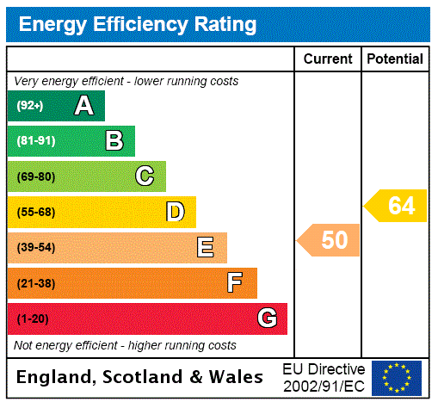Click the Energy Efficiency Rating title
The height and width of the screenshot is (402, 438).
click(x=138, y=24)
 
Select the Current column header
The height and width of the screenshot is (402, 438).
click(x=328, y=59)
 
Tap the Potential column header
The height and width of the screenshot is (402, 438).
click(x=395, y=59)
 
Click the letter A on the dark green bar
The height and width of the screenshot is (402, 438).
click(x=83, y=106)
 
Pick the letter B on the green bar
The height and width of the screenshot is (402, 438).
click(x=114, y=141)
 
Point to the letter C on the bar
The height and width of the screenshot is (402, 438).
click(x=145, y=176)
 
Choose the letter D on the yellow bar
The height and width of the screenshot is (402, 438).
click(x=175, y=212)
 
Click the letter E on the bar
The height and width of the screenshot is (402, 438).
click(x=205, y=248)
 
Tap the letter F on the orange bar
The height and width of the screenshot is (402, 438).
click(x=235, y=282)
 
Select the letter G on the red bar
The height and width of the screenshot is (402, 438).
click(x=267, y=319)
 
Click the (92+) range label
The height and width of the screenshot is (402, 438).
click(x=29, y=107)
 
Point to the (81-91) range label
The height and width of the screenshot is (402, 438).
click(x=35, y=141)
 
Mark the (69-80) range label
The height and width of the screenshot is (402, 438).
click(x=35, y=176)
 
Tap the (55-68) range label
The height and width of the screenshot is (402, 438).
click(x=35, y=212)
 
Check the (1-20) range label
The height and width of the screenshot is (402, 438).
click(x=33, y=319)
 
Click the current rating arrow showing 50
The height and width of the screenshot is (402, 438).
click(x=330, y=240)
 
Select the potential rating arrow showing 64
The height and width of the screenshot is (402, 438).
click(x=397, y=206)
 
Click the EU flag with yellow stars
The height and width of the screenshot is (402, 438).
click(x=397, y=377)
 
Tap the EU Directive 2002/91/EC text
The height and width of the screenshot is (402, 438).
click(x=324, y=377)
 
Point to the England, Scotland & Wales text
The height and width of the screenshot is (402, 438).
click(x=140, y=377)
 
